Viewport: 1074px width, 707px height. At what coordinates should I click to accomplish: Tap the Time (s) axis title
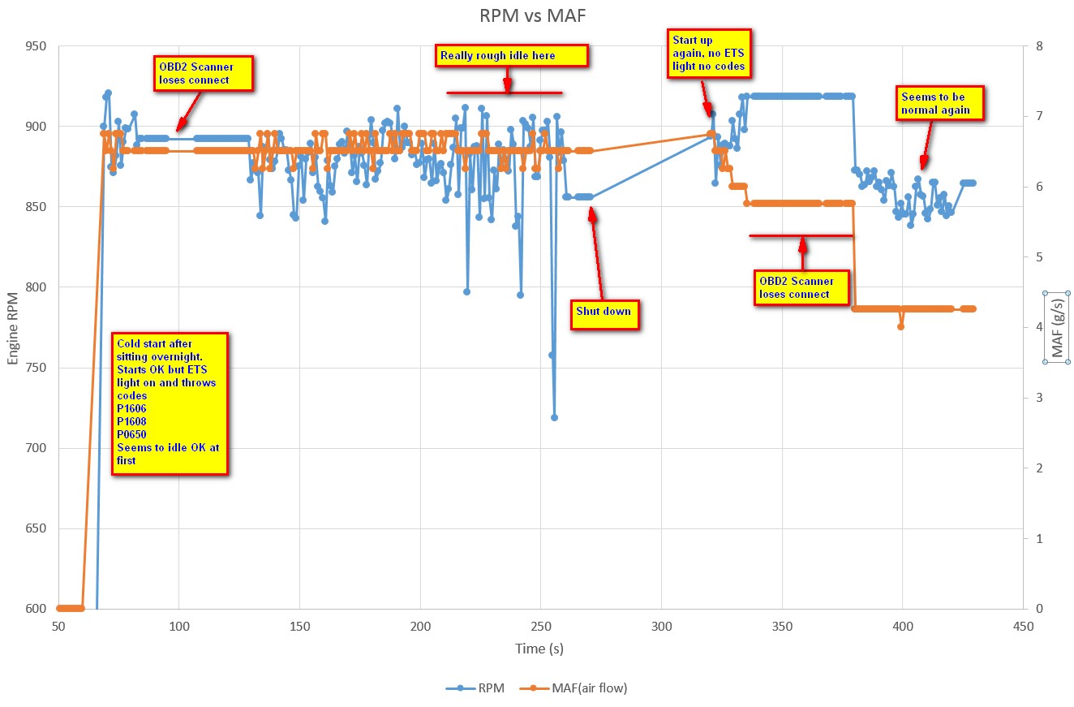(x=539, y=649)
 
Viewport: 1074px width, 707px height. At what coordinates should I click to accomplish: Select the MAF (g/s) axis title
(x=1056, y=326)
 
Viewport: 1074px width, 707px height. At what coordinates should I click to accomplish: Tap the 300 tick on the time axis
(x=661, y=627)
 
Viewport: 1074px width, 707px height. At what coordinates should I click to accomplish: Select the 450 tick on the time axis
(x=1023, y=627)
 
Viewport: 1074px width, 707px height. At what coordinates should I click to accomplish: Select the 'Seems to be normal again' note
(x=939, y=103)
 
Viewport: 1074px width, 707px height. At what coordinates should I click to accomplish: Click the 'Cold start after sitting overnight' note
(x=170, y=402)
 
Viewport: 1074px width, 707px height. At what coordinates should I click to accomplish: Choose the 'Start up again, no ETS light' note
(x=708, y=53)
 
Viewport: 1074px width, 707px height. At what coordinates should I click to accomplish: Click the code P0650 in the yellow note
(x=131, y=434)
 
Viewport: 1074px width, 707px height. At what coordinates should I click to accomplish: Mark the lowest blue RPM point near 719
(x=554, y=417)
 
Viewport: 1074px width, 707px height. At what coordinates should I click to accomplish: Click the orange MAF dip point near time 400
(x=900, y=326)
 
